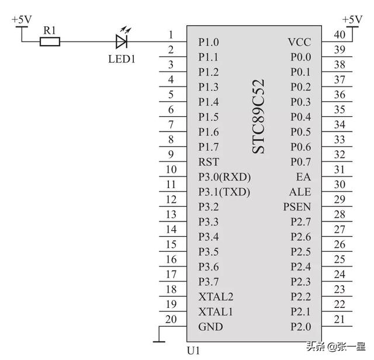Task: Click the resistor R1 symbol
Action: coord(50,41)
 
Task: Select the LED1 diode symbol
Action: coord(122,41)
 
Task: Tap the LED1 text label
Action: coord(122,59)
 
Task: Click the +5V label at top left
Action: coord(22,19)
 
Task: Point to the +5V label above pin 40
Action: coord(352,19)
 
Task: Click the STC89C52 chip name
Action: coord(258,117)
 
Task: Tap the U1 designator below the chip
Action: coord(193,351)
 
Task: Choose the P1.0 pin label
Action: coord(209,42)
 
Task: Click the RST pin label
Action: coord(209,162)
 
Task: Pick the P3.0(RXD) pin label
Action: coord(224,177)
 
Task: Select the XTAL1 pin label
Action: coord(216,311)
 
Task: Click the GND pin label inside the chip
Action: coord(210,327)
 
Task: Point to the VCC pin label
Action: coord(299,42)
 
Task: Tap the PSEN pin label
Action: coord(297,207)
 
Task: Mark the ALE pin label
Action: coord(300,192)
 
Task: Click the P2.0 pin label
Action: coord(301,327)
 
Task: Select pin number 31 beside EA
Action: coord(340,169)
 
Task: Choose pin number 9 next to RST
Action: coord(171,154)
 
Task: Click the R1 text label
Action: coord(49,29)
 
